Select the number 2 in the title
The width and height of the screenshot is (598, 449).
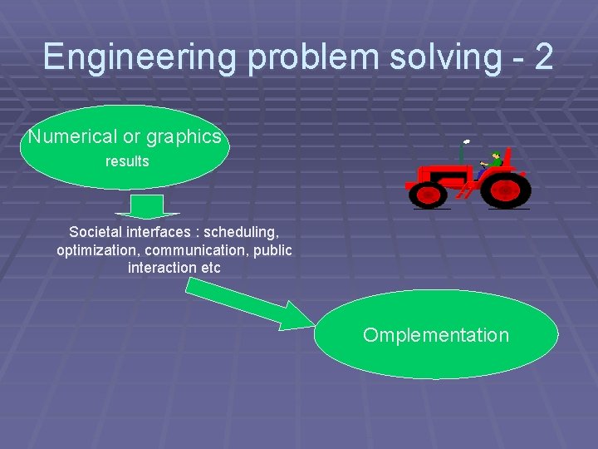coord(543,57)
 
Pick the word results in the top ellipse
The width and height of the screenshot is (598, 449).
coord(127,161)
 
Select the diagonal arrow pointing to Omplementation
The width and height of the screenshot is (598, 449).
coord(249,304)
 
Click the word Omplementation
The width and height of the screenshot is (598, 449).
coord(436,335)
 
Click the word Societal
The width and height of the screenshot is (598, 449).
coord(95,232)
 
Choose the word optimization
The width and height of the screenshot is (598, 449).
coord(97,250)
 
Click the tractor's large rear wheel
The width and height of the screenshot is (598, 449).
coord(506,190)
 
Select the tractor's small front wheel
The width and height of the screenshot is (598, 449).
coord(429,195)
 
